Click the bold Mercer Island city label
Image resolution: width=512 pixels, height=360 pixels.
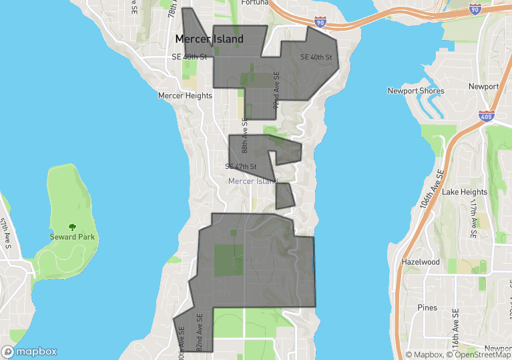[x=209, y=39]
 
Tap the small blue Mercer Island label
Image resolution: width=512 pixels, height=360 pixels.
[x=252, y=181]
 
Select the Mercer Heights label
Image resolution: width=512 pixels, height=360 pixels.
[x=185, y=96]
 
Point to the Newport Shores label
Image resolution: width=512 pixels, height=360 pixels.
[x=415, y=91]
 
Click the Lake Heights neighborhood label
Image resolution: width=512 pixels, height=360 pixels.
[x=465, y=192]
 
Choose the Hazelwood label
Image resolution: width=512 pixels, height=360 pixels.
[x=421, y=262]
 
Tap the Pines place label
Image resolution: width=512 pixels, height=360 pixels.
[x=427, y=307]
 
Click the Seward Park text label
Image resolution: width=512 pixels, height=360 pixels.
[x=72, y=237]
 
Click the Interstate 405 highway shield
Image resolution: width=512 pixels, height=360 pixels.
[x=485, y=116]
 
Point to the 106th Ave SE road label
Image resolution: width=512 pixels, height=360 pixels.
[x=432, y=190]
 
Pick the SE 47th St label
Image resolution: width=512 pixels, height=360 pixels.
[x=241, y=166]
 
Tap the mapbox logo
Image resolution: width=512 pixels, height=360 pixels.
[x=29, y=351]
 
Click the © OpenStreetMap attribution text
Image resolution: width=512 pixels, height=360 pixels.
[x=479, y=355]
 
